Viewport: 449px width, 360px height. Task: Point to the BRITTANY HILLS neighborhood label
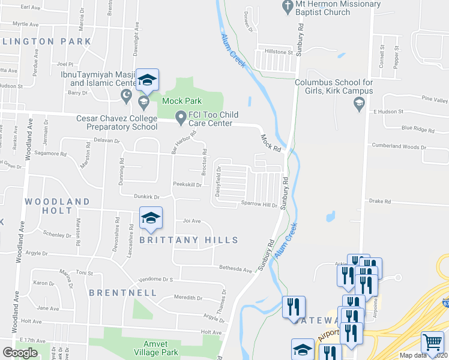pyautogui.click(x=188, y=240)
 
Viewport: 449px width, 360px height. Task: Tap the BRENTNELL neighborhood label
pyautogui.click(x=123, y=293)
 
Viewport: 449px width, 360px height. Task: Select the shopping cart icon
pyautogui.click(x=432, y=343)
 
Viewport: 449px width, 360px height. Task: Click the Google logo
pyautogui.click(x=20, y=352)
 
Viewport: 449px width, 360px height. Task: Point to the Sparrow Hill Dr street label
pyautogui.click(x=259, y=205)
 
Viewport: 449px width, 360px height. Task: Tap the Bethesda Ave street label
pyautogui.click(x=235, y=269)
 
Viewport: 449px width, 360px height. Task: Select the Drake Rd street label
pyautogui.click(x=380, y=202)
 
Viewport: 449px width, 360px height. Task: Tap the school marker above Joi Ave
pyautogui.click(x=151, y=219)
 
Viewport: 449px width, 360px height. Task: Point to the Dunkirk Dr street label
pyautogui.click(x=146, y=196)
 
